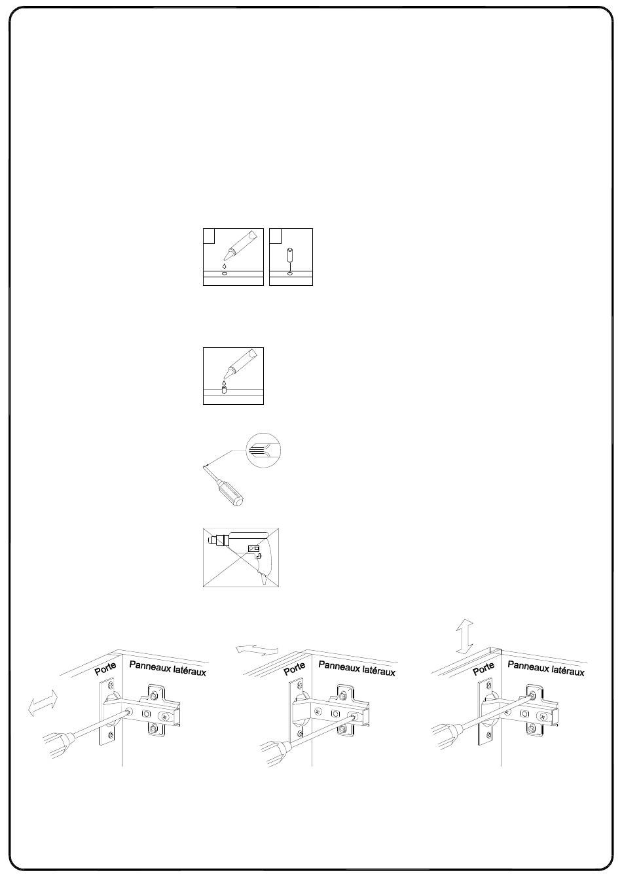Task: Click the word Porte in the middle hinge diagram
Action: coord(294,669)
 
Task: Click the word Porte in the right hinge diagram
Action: coord(484,669)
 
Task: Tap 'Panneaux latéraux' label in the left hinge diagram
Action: coord(168,668)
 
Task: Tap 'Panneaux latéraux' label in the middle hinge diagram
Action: coord(357,668)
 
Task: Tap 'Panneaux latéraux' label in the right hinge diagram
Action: coord(546,668)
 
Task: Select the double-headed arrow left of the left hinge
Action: coord(43,704)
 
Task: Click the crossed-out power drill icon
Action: coord(241,557)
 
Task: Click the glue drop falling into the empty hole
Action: coord(225,266)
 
